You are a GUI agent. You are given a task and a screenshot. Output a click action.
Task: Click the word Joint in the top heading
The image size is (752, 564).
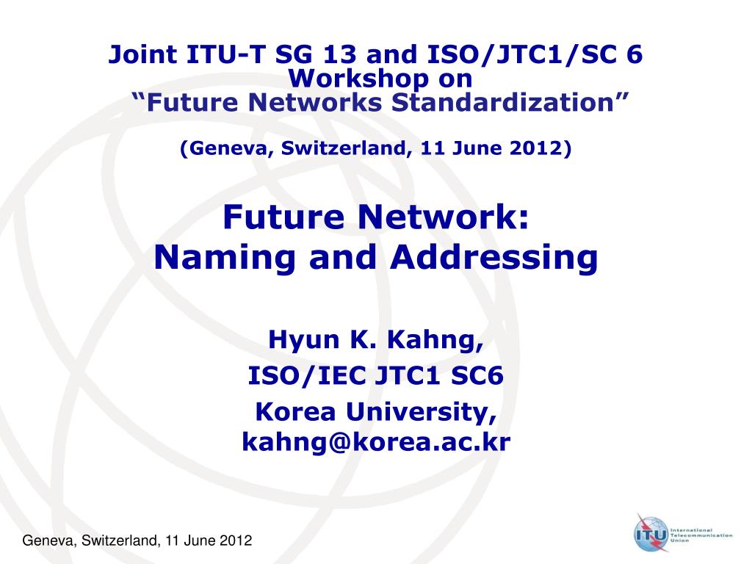click(x=142, y=54)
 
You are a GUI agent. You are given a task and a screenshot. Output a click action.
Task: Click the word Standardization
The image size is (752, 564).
click(x=502, y=103)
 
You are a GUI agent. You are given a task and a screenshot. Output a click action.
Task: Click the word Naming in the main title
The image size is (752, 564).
click(x=225, y=257)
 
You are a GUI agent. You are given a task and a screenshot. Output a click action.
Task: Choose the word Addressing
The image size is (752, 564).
click(x=494, y=257)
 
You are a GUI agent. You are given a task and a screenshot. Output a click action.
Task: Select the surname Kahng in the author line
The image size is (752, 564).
click(x=435, y=340)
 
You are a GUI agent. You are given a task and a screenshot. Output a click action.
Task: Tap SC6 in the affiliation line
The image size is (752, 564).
click(x=477, y=375)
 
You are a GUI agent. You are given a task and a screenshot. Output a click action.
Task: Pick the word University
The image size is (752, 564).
click(x=421, y=412)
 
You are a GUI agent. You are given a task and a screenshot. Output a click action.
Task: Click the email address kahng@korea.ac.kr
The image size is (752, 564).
click(x=376, y=441)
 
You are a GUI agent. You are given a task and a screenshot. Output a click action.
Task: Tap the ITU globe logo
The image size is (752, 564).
click(x=651, y=533)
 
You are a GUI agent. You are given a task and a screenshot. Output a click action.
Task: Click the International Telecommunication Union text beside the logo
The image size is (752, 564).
click(x=701, y=535)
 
